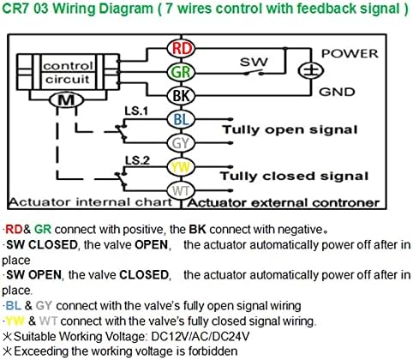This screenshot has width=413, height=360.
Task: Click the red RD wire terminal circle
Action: coord(181,48)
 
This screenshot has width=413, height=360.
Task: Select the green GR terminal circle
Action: coord(181,72)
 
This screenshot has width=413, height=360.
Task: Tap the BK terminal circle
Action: coord(181,95)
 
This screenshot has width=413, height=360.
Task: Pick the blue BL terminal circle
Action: coord(181,119)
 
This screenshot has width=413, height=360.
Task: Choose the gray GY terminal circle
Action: coord(181,143)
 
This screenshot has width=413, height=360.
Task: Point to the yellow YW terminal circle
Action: coord(181,167)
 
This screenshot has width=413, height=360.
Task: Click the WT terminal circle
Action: coord(181,190)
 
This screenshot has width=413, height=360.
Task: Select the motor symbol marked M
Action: coord(66,100)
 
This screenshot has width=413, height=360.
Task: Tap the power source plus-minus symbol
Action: coord(311,71)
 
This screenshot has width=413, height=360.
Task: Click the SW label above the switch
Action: coord(254,62)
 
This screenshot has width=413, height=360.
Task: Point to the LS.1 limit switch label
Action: coord(136,111)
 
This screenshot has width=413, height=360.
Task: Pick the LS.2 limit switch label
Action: coord(137,161)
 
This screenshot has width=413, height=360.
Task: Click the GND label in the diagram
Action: coord(337,92)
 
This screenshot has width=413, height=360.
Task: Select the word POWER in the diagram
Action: coord(350,54)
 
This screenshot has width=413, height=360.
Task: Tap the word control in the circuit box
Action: coord(68,66)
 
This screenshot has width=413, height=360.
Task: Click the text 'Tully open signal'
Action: coord(290,130)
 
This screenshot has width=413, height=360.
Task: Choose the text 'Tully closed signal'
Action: coord(294,176)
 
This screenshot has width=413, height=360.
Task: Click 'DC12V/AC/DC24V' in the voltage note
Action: coord(201,336)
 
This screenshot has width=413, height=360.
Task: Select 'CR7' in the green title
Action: coord(15,9)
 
